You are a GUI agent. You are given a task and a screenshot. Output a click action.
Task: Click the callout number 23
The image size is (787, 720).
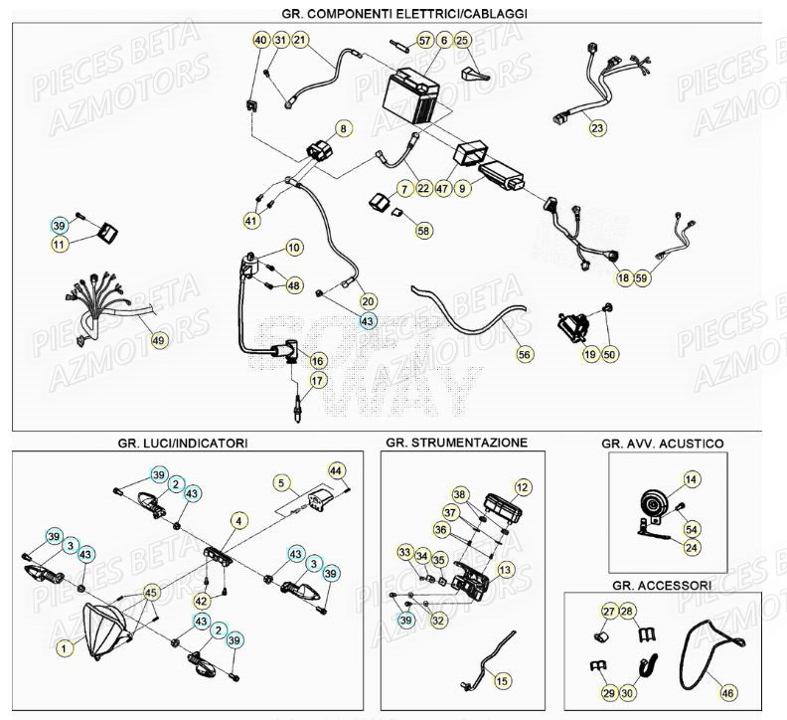coord(596,128)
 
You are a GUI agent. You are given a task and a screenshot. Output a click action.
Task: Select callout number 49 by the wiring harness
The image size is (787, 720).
coord(158,340)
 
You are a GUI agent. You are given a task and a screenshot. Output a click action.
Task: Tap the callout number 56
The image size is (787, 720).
coord(525,353)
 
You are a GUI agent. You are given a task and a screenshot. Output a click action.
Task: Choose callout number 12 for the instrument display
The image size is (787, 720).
coord(522,487)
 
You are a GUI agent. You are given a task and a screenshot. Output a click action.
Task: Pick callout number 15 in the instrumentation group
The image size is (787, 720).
coord(503,680)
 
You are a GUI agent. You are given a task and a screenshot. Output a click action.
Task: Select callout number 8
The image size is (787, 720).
coord(343,128)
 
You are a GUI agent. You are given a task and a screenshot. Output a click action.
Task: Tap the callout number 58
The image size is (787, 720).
coord(424,230)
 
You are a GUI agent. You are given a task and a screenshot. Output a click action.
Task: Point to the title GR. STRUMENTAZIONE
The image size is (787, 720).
coord(456,442)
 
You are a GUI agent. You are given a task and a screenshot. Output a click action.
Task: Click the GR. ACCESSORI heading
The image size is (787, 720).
coord(662,585)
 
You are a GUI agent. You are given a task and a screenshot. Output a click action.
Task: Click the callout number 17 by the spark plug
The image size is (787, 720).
coord(317,380)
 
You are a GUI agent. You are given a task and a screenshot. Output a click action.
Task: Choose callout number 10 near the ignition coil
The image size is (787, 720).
coord(294,247)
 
